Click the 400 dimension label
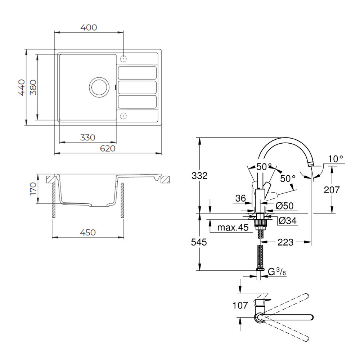click(89, 28)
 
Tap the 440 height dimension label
click(22, 87)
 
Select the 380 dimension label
click(33, 87)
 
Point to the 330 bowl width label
click(88, 138)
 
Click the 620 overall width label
click(108, 149)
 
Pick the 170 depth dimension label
click(33, 189)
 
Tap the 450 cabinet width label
click(88, 233)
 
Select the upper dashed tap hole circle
click(123, 59)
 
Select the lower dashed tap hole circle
click(123, 116)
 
